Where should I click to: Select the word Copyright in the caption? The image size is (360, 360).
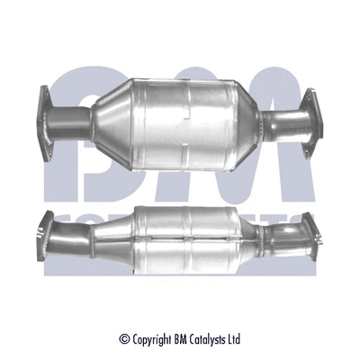coord(149,314)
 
